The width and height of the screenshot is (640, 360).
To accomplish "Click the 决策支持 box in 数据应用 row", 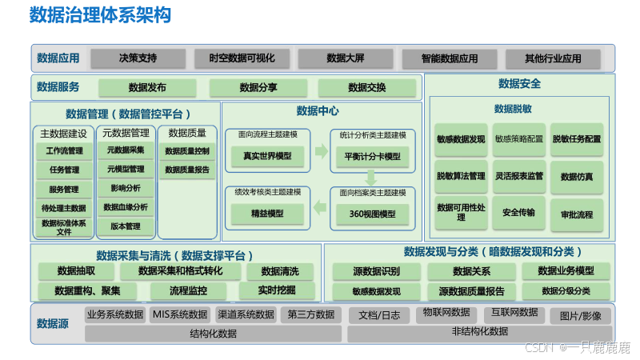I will pyautogui.click(x=138, y=58).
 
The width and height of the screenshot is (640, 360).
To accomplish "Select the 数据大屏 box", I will pyautogui.click(x=345, y=58).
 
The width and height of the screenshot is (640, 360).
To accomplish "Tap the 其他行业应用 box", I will pyautogui.click(x=552, y=58).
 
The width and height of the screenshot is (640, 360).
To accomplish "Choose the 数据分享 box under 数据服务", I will pyautogui.click(x=258, y=88).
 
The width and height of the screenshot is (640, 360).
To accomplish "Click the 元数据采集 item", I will pyautogui.click(x=125, y=150).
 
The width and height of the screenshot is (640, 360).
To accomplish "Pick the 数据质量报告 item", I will pyautogui.click(x=187, y=170).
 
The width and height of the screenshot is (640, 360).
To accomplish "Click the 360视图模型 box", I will pyautogui.click(x=372, y=214).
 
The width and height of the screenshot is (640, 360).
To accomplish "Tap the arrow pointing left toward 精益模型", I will pyautogui.click(x=319, y=208).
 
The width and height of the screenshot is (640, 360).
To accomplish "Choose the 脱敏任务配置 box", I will pyautogui.click(x=577, y=139).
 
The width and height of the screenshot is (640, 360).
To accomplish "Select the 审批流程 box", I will pyautogui.click(x=577, y=214).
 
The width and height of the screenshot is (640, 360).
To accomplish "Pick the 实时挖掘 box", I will pyautogui.click(x=277, y=290).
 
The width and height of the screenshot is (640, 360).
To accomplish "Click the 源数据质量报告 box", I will pyautogui.click(x=466, y=291).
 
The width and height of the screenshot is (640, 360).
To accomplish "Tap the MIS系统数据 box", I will pyautogui.click(x=180, y=314).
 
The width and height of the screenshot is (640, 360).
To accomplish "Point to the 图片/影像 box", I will pyautogui.click(x=581, y=315).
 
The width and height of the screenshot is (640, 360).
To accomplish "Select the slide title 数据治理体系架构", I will pyautogui.click(x=100, y=16).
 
